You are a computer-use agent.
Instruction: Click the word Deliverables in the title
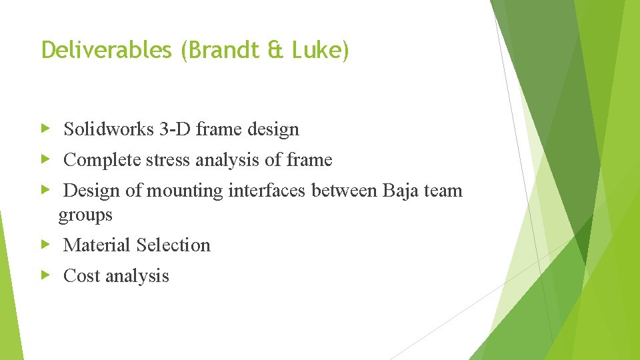click(106, 51)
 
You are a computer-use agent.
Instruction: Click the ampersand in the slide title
click(275, 51)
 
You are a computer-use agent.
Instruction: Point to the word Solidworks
click(109, 129)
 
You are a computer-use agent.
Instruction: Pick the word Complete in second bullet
click(101, 160)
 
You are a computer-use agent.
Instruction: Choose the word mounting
click(185, 191)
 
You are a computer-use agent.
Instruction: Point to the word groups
click(85, 215)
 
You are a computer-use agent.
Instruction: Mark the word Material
click(96, 245)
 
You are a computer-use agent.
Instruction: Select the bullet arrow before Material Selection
click(45, 245)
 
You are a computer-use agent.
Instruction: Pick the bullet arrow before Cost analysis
click(45, 275)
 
